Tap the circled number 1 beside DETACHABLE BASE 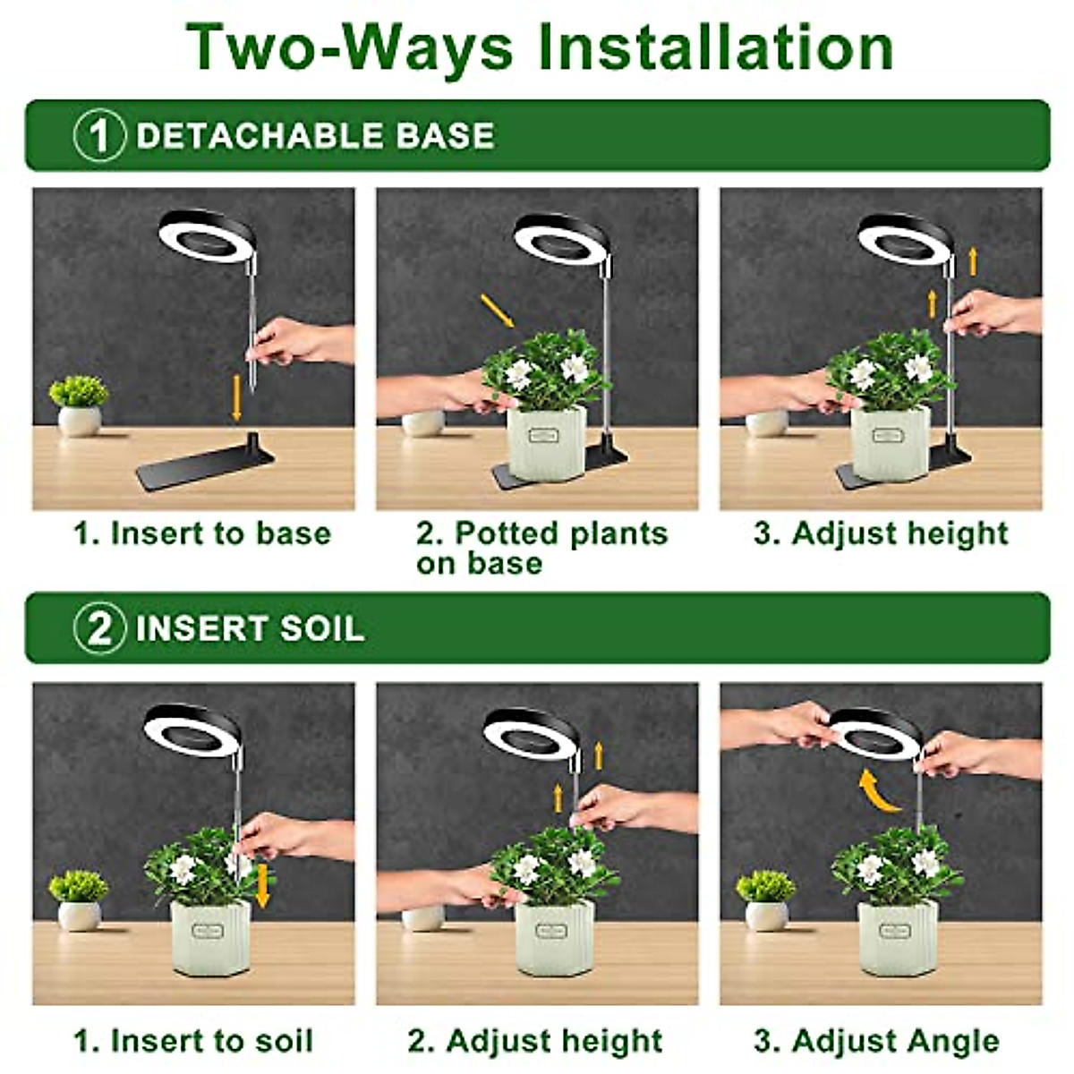click(x=98, y=136)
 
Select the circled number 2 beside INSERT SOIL click(x=98, y=628)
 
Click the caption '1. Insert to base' click(x=202, y=533)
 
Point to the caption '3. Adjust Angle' click(x=876, y=1041)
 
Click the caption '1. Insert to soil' click(x=193, y=1041)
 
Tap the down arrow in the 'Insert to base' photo click(x=236, y=397)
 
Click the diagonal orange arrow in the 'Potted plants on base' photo click(x=497, y=310)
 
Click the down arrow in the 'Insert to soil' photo click(x=262, y=884)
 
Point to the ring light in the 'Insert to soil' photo click(x=192, y=730)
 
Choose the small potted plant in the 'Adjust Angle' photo click(x=766, y=899)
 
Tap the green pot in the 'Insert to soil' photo click(x=211, y=936)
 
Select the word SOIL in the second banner click(x=322, y=628)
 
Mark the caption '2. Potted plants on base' click(x=541, y=547)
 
